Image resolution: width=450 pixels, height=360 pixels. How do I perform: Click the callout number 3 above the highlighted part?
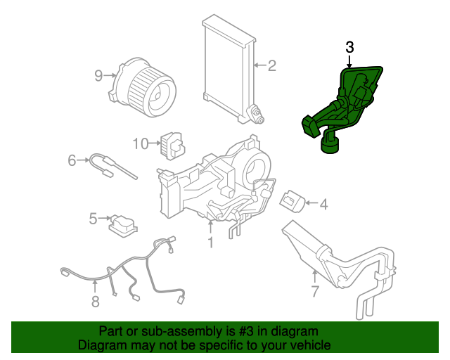tap(350, 48)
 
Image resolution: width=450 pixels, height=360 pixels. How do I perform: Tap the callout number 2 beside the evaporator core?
tap(271, 66)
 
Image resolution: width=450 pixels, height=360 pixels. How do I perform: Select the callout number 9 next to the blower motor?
tap(99, 75)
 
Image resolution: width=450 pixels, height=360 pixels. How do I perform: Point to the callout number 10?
tap(140, 143)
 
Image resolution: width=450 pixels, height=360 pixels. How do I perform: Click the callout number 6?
tap(72, 161)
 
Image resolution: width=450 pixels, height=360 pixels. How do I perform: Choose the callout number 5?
tap(93, 219)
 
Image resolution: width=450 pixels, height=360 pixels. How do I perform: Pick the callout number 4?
tap(323, 205)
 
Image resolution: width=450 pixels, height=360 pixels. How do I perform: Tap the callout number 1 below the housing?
tap(210, 243)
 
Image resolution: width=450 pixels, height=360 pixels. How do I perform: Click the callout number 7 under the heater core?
tap(315, 290)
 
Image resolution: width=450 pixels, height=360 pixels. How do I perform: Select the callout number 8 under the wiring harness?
tap(95, 302)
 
